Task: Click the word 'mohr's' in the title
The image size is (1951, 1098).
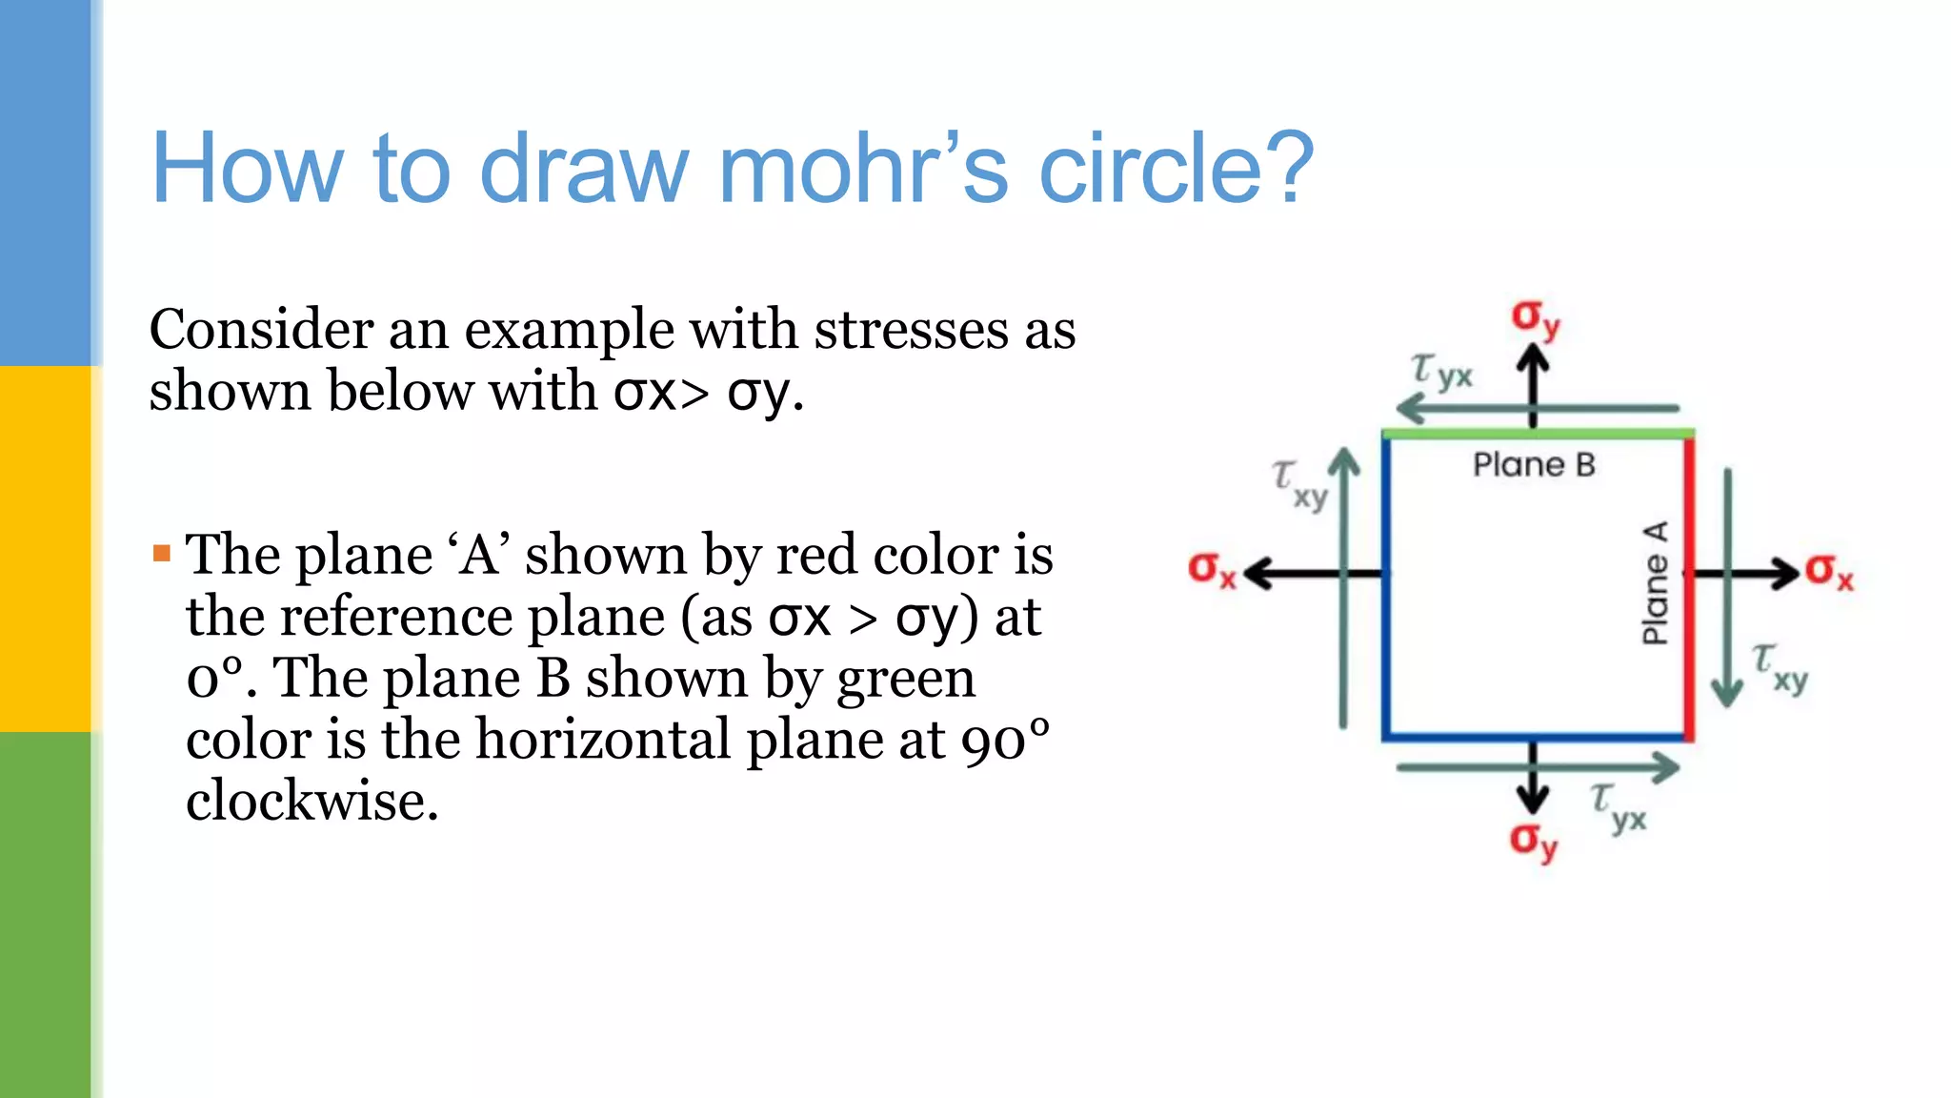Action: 862,169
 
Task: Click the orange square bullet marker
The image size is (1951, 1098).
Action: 161,553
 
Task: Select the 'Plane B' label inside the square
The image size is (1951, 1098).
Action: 1533,465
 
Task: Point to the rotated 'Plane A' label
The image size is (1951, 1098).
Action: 1656,582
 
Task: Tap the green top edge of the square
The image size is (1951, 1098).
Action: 1537,434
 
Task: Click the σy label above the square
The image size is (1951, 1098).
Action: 1536,318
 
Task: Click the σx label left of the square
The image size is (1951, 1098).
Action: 1211,569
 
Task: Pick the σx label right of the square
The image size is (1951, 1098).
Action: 1829,571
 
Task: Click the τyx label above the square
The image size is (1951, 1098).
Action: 1441,372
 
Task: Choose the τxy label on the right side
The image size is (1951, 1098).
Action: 1780,667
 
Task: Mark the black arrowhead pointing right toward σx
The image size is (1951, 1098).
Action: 1785,574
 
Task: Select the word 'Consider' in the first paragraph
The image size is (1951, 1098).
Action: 261,330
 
